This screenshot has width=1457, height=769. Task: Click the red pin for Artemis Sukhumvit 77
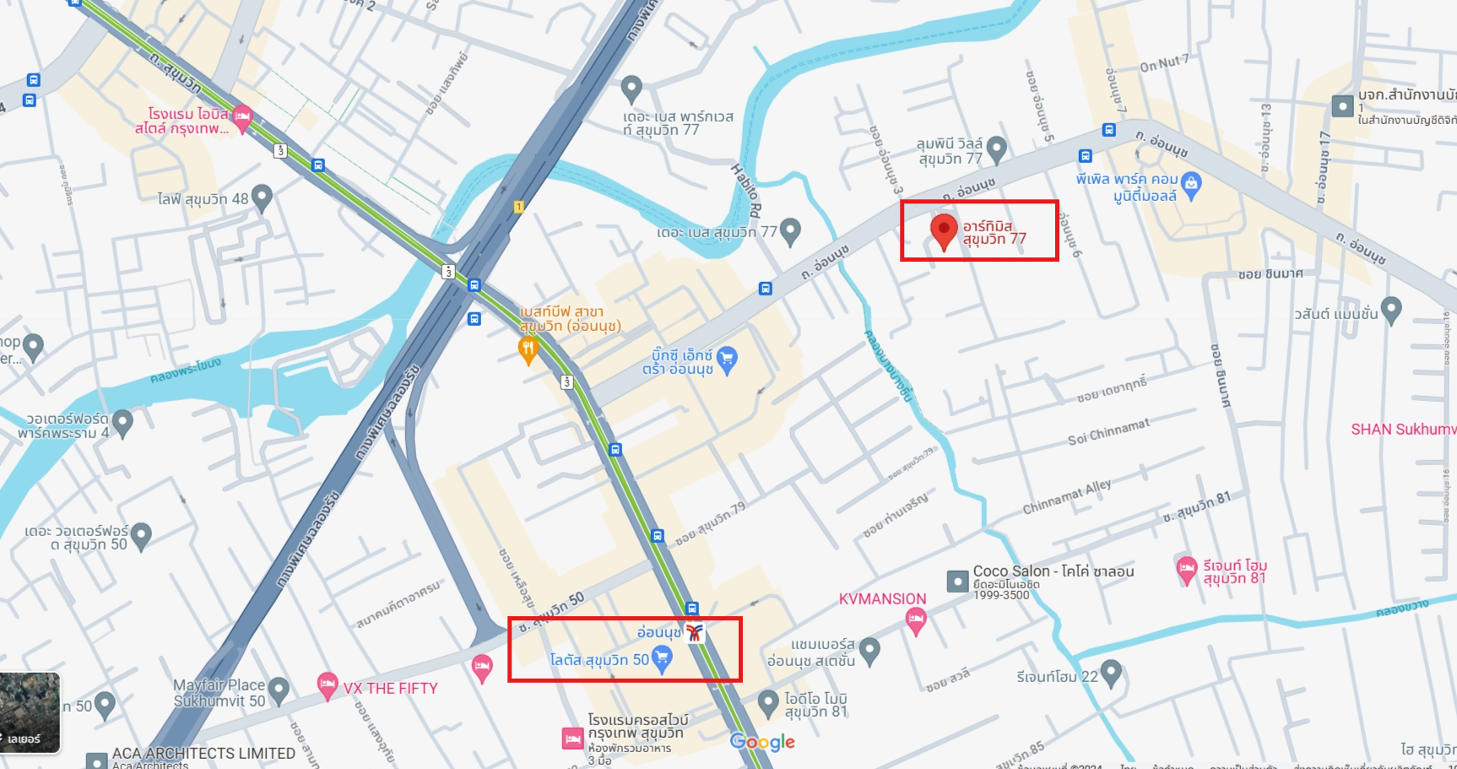(943, 230)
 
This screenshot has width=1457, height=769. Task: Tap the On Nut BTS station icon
(694, 632)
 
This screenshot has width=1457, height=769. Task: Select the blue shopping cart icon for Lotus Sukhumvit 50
(663, 658)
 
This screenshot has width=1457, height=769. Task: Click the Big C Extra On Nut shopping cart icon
(727, 360)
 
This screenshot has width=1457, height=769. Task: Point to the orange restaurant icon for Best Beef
(528, 349)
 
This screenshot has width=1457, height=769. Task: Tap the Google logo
(762, 742)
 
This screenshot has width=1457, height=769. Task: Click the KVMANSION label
(882, 598)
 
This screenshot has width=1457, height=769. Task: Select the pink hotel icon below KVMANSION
(915, 621)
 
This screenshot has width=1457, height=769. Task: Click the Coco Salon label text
(1053, 571)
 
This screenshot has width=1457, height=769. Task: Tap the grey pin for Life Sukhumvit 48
(262, 198)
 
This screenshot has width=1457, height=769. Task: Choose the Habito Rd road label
(746, 191)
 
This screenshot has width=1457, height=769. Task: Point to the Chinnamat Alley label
(1066, 497)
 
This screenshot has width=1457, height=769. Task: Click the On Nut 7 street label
(1163, 63)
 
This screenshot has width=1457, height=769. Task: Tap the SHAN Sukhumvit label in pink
(1402, 429)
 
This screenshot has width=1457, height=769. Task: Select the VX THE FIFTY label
(390, 688)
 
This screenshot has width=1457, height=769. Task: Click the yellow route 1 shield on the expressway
(518, 207)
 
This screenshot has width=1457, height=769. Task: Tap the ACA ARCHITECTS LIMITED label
(203, 753)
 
